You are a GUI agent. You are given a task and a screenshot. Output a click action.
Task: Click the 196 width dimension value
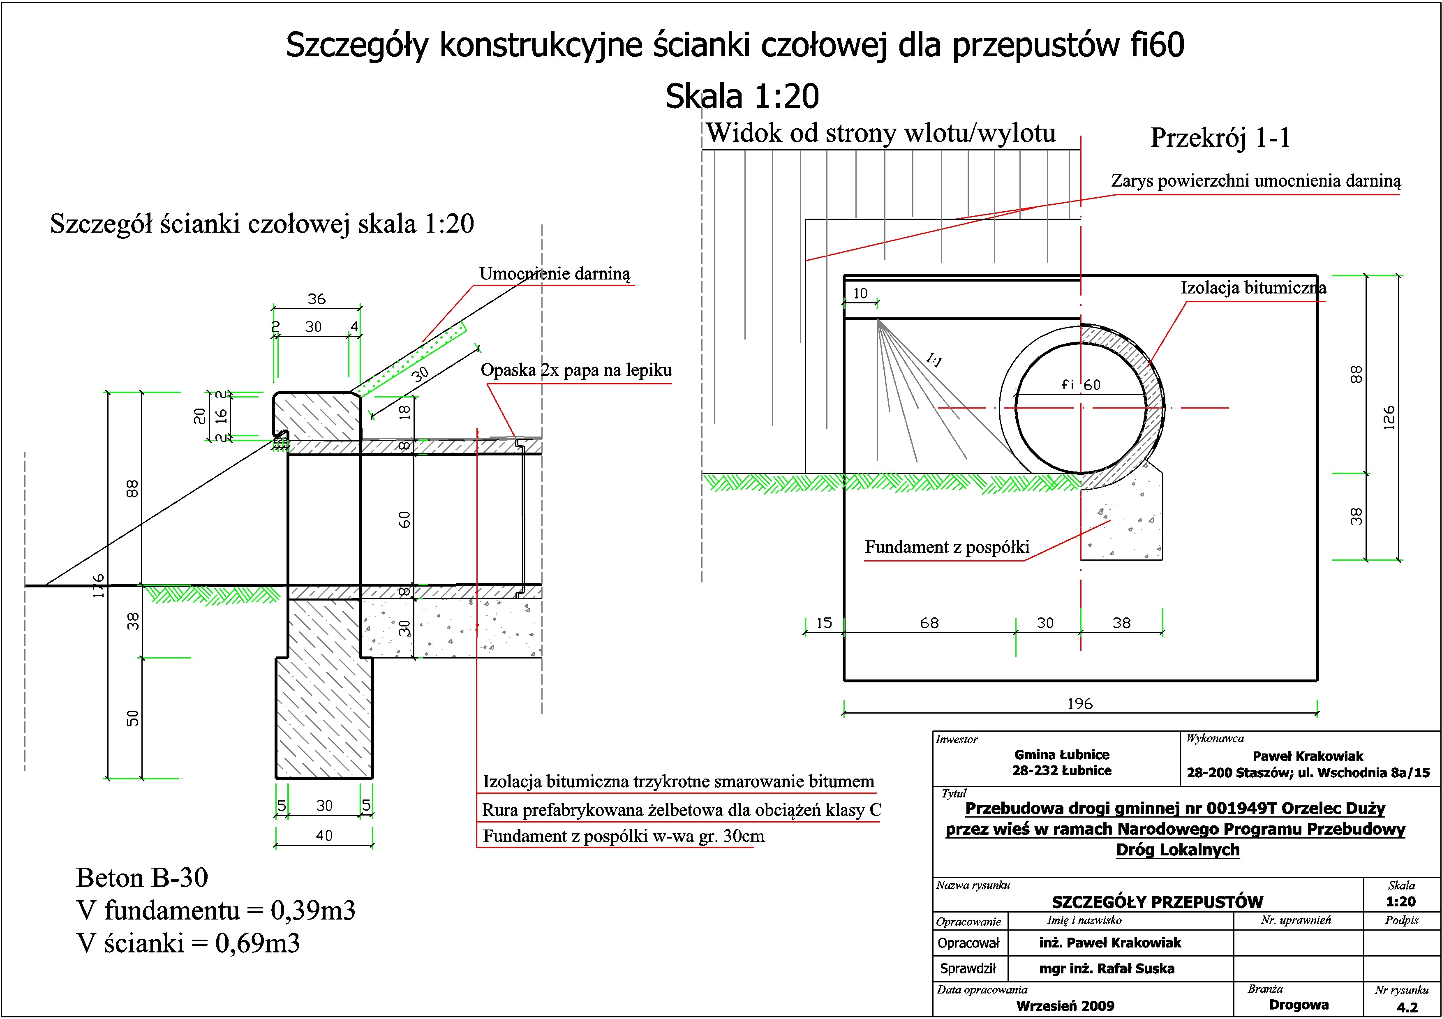(1079, 704)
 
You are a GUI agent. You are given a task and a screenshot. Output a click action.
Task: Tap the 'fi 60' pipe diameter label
(1080, 385)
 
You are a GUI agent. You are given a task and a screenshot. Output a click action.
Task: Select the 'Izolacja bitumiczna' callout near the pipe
(1253, 288)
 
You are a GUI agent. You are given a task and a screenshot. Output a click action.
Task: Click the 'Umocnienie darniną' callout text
(554, 274)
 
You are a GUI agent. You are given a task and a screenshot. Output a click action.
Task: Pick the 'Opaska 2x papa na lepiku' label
(576, 370)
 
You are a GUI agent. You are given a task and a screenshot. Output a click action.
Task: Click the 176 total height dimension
(99, 585)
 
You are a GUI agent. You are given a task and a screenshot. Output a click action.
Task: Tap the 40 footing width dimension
(324, 836)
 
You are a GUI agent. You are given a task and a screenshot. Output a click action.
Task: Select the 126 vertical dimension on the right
(1389, 418)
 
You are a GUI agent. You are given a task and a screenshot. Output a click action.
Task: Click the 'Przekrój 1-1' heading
(1220, 138)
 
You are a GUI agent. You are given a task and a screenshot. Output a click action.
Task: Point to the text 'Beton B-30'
(142, 878)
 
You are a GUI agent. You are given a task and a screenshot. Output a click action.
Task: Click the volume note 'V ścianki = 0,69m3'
(188, 943)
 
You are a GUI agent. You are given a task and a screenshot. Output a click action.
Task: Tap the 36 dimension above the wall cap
(317, 299)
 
